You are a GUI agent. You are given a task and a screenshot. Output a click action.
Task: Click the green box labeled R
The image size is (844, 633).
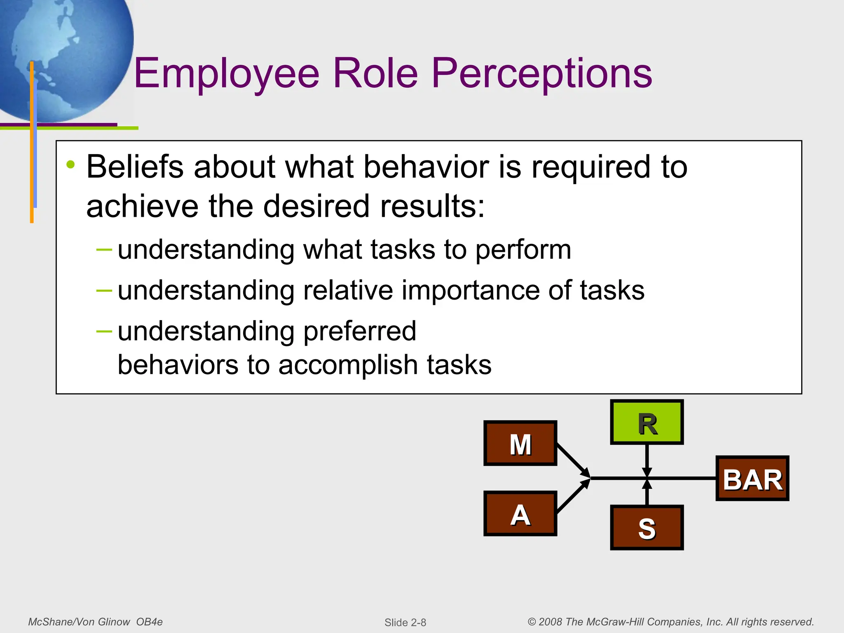click(x=647, y=422)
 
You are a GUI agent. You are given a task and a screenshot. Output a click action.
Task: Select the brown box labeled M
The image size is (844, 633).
click(x=520, y=443)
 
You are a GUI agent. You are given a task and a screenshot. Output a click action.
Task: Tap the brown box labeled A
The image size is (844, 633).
click(x=520, y=513)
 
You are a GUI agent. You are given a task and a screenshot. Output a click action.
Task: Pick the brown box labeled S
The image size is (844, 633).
click(x=647, y=528)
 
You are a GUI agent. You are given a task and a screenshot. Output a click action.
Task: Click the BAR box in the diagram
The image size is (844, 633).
click(x=752, y=478)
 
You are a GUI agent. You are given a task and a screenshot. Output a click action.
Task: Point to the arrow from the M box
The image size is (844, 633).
click(x=573, y=460)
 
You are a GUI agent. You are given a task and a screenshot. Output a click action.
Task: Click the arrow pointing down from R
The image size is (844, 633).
click(x=647, y=460)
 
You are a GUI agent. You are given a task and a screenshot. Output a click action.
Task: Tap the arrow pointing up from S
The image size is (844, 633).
click(x=647, y=493)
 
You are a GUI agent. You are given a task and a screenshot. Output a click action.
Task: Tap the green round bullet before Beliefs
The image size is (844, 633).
click(x=71, y=165)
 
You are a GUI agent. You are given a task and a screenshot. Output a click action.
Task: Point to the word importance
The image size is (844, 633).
click(x=470, y=291)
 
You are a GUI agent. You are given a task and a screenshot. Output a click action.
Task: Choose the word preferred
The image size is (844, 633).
click(x=359, y=331)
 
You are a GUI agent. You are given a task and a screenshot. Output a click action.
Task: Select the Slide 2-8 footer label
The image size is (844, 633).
click(x=405, y=622)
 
